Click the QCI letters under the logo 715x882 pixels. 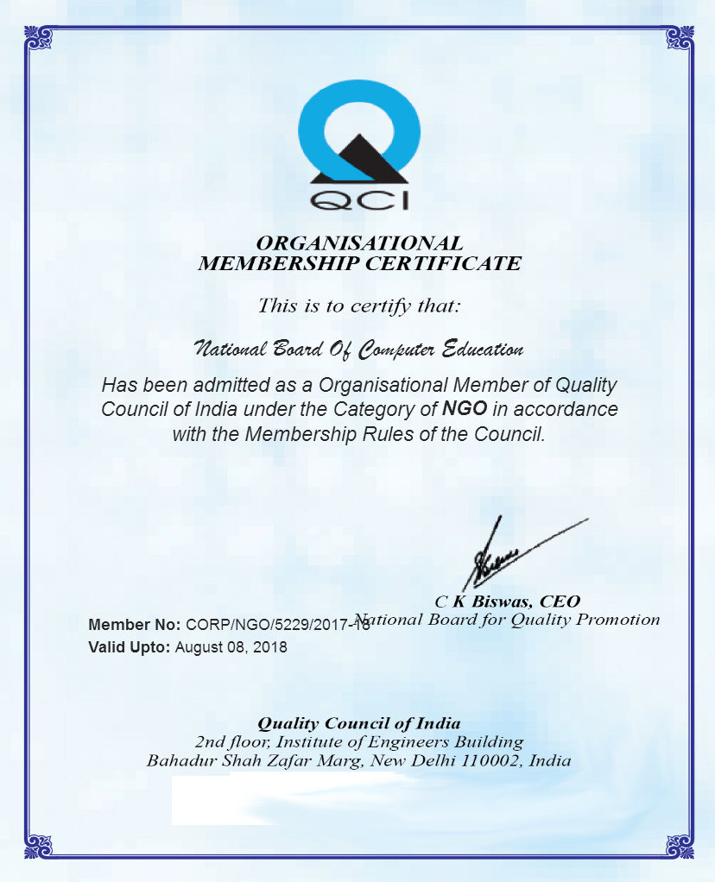(358, 199)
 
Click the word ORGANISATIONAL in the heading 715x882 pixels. (359, 243)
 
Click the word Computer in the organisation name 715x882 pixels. (396, 350)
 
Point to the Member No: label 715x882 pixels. (135, 625)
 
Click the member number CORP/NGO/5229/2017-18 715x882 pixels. (276, 625)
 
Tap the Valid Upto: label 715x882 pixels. (130, 646)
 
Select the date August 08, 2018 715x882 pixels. (231, 646)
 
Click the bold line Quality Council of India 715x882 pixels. (359, 722)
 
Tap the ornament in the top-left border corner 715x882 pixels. (39, 38)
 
